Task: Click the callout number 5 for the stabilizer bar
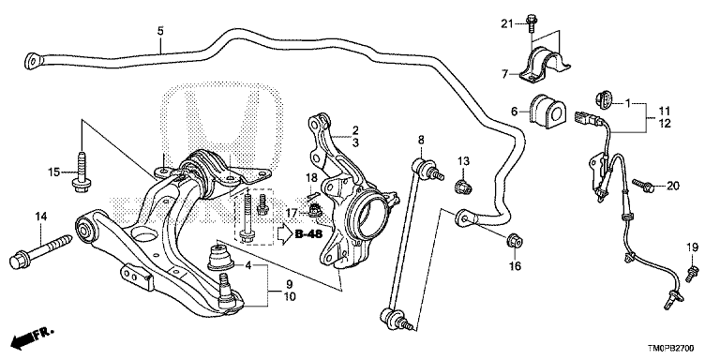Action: [160, 31]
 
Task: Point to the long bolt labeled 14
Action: [41, 251]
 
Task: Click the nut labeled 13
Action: [463, 187]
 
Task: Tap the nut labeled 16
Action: [515, 240]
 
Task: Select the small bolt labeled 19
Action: [691, 273]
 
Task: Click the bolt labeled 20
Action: [644, 186]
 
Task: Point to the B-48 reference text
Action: [308, 234]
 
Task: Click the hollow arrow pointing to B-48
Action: [284, 234]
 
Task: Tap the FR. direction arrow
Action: [33, 337]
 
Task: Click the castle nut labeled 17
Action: [314, 211]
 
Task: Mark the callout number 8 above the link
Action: [421, 140]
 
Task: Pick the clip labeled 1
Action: [603, 99]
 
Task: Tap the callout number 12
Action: [664, 124]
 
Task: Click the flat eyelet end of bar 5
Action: [33, 61]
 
